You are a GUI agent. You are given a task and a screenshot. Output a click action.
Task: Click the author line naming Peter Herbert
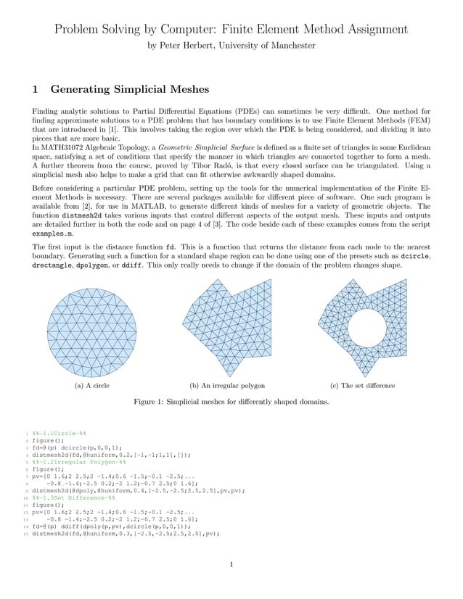click(x=231, y=45)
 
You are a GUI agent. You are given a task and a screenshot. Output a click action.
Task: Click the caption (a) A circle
click(x=92, y=385)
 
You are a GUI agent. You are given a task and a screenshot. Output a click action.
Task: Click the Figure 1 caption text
click(x=231, y=401)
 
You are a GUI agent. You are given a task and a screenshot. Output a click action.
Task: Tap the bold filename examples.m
click(x=48, y=235)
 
